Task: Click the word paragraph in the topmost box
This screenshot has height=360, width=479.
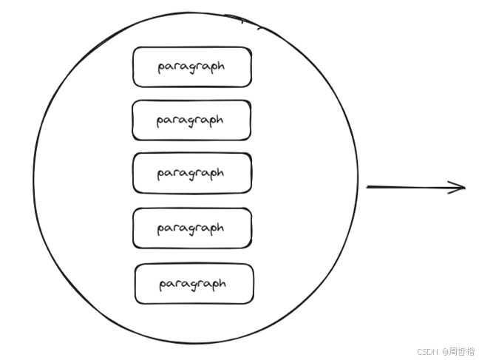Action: click(191, 67)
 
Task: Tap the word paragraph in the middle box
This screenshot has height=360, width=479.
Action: click(190, 173)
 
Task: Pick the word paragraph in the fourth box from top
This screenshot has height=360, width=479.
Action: click(190, 228)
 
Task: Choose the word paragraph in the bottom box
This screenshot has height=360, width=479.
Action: click(192, 283)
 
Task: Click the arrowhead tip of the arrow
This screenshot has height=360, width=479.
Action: click(466, 187)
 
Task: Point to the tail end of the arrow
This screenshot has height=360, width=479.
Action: click(367, 187)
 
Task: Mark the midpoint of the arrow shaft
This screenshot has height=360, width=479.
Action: click(416, 187)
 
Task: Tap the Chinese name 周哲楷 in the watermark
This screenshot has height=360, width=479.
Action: click(462, 351)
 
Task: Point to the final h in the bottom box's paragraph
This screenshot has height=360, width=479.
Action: click(222, 283)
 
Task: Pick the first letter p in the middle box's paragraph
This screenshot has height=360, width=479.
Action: click(160, 174)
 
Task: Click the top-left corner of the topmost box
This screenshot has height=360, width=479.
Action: click(135, 49)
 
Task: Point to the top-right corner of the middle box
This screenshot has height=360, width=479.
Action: click(250, 154)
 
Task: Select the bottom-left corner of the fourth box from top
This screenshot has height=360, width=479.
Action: click(135, 246)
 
